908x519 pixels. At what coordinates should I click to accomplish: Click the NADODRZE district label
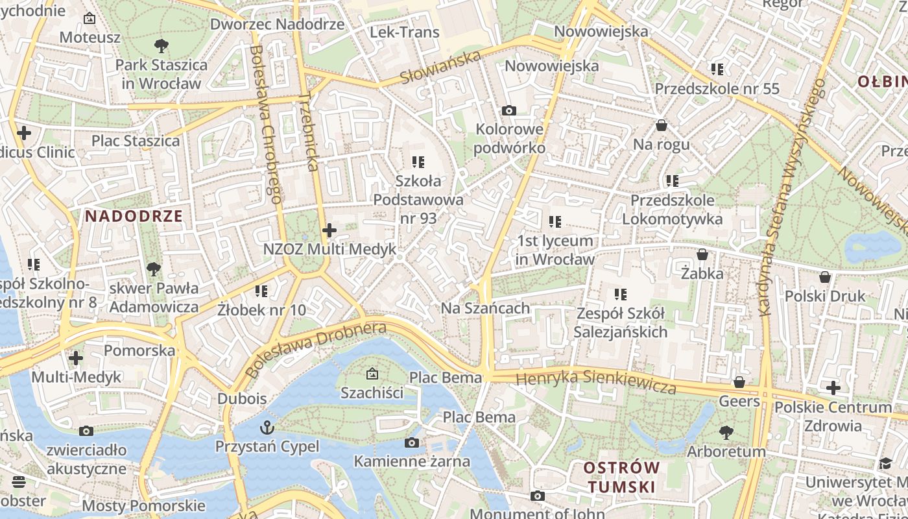(134, 216)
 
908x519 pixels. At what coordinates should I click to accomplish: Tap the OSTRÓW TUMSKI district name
(621, 477)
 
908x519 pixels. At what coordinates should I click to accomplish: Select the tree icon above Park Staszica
(161, 46)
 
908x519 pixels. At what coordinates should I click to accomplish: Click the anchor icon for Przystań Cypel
(267, 428)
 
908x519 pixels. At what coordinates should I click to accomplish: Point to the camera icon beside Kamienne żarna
(411, 443)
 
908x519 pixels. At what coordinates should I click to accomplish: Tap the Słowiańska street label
(440, 67)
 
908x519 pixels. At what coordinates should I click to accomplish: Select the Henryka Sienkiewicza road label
(596, 381)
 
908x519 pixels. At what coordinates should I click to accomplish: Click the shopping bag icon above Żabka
(702, 254)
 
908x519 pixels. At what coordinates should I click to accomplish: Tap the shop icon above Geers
(739, 382)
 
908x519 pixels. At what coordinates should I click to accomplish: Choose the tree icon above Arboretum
(726, 432)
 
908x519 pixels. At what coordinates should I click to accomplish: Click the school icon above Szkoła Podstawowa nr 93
(418, 162)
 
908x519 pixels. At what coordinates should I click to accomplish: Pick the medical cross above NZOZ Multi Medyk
(329, 230)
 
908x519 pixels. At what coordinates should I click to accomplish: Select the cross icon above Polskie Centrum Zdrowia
(833, 389)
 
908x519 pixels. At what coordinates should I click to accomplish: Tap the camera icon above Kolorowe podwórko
(509, 110)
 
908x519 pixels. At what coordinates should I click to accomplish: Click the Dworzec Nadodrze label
(277, 24)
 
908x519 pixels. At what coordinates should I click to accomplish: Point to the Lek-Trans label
(404, 32)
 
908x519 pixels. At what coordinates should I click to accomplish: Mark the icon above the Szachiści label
(372, 374)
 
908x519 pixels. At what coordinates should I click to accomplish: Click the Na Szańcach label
(485, 308)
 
